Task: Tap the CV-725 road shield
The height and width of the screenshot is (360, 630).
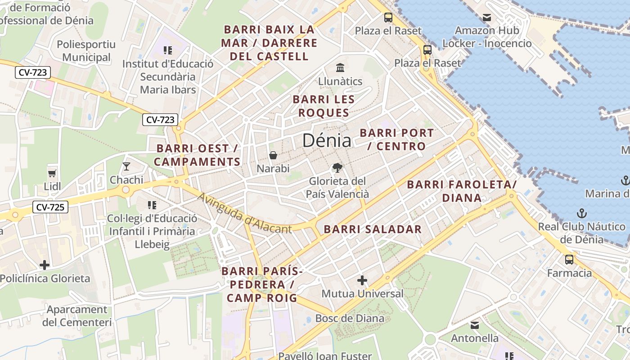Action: pos(50,207)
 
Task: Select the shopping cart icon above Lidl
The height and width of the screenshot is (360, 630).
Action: pos(52,173)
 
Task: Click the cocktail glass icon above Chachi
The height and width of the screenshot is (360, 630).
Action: pos(126,166)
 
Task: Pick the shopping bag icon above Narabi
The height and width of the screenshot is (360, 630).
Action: pos(273,156)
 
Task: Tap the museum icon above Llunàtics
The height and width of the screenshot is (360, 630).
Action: pos(340,68)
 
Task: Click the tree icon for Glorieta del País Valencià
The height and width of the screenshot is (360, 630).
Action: pos(337,168)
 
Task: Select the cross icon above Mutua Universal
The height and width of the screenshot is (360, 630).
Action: pos(362,281)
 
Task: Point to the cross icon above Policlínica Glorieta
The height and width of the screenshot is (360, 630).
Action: pos(45,265)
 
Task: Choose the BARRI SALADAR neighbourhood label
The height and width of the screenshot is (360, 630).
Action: pos(373,229)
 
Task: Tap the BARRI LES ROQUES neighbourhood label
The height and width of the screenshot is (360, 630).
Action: pos(324,106)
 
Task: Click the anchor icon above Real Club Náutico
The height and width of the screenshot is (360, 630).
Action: pos(582,213)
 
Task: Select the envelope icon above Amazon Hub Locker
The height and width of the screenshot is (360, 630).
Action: pos(487,18)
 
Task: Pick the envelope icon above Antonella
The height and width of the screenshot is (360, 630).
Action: pos(475,325)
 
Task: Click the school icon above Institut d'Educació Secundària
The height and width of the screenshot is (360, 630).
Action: pos(168,50)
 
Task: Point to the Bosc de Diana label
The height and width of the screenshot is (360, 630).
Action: pos(350,319)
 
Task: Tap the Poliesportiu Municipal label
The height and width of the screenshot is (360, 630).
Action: pos(86,51)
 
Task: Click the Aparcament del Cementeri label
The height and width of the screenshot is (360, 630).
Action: pos(77,316)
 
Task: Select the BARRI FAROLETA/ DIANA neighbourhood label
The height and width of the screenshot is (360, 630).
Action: pos(462,191)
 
